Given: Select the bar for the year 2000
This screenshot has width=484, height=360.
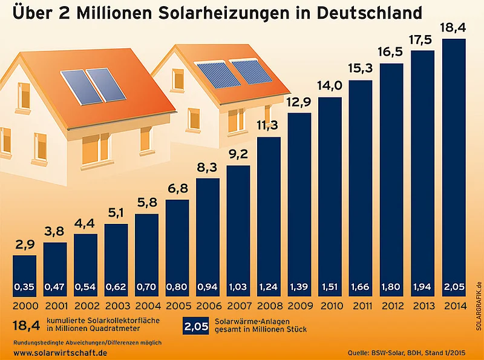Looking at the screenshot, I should tap(25, 272).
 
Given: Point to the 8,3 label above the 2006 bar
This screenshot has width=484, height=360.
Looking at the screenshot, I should tap(208, 167).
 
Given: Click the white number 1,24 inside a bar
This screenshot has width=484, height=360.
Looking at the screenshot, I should tap(269, 286).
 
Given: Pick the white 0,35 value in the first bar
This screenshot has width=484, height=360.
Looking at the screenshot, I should tap(25, 286).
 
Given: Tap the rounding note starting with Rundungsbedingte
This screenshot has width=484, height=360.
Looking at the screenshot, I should tap(87, 342).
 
